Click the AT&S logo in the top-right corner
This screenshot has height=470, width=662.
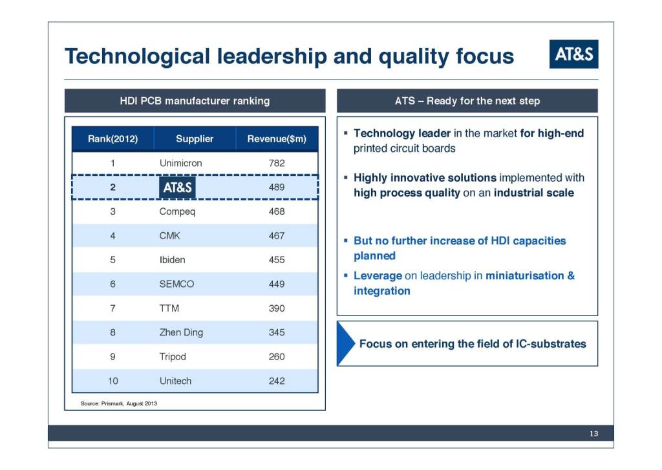click(574, 54)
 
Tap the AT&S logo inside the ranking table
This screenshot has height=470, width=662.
click(177, 187)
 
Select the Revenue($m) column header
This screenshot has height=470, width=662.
click(277, 139)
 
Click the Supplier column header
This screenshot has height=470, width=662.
click(195, 139)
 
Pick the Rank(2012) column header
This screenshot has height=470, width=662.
click(112, 139)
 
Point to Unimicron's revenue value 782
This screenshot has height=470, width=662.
click(277, 163)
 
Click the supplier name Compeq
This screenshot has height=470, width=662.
click(177, 211)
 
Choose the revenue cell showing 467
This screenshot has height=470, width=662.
click(277, 235)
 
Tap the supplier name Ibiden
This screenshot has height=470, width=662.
click(172, 260)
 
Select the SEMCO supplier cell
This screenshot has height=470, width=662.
click(176, 284)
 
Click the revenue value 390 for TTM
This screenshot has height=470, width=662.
click(277, 308)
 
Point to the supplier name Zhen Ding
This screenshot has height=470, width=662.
click(181, 333)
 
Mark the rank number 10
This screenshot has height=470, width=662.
click(112, 381)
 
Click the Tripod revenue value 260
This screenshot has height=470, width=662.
click(277, 357)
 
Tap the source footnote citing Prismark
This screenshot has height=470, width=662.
click(119, 403)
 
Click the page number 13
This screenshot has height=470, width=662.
click(593, 434)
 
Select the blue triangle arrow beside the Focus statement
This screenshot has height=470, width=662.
click(346, 343)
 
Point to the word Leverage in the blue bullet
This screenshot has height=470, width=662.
click(378, 276)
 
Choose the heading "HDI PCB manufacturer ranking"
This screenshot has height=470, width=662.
click(195, 101)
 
